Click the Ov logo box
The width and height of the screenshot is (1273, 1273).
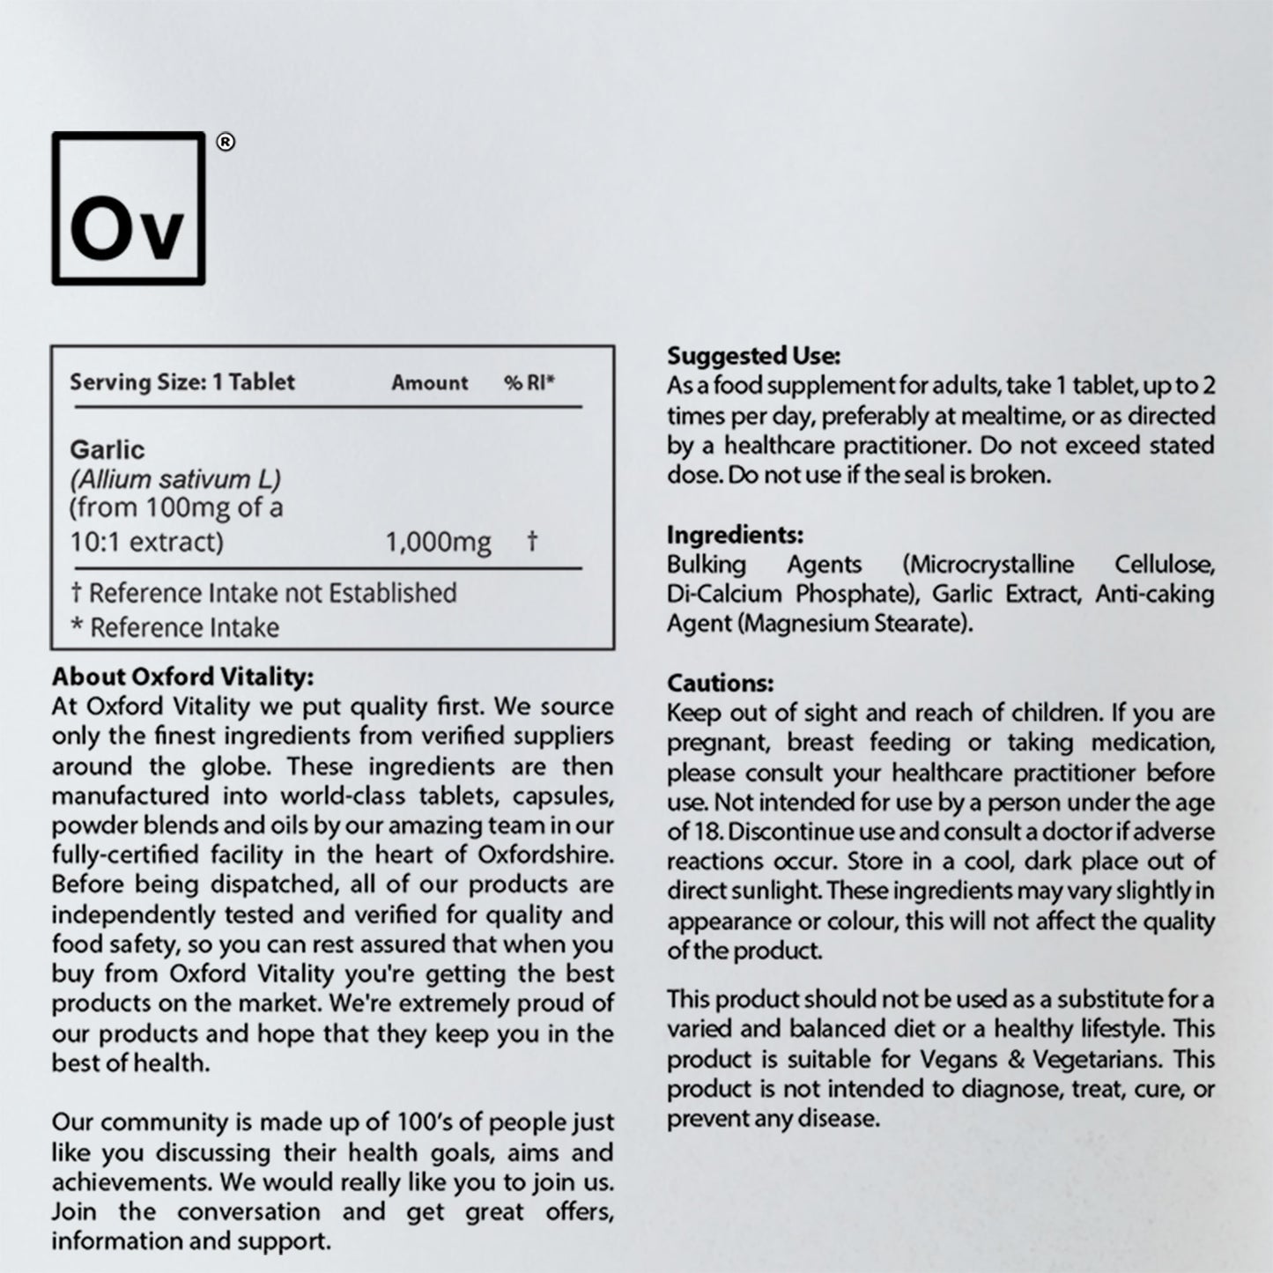(129, 209)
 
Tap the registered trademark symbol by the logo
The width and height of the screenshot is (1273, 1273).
(226, 143)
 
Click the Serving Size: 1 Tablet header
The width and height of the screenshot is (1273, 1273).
(182, 382)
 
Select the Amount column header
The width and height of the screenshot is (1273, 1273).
(430, 383)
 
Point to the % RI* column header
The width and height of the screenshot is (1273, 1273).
(529, 383)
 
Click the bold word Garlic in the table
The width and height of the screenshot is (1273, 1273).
(107, 450)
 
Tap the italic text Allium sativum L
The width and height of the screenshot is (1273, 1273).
(175, 480)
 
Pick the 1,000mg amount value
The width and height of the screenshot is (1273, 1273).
(438, 542)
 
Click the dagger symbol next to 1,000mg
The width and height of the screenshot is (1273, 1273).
(532, 540)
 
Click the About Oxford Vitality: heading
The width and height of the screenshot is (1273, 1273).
(182, 677)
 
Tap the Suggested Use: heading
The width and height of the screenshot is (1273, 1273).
(753, 356)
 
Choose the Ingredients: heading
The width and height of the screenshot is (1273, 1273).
(735, 535)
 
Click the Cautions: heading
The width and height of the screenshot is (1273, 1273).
(720, 683)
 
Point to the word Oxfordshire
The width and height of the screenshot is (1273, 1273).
(545, 855)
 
